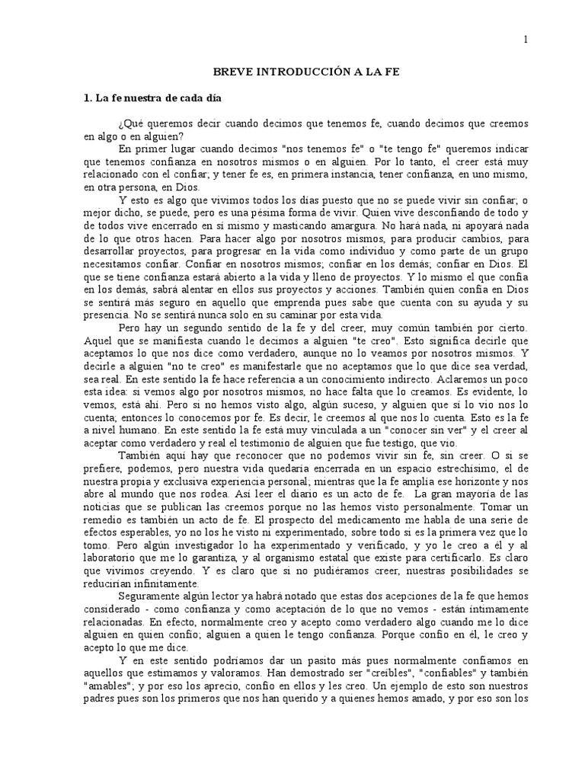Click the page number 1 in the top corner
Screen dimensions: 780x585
pyautogui.click(x=526, y=39)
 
